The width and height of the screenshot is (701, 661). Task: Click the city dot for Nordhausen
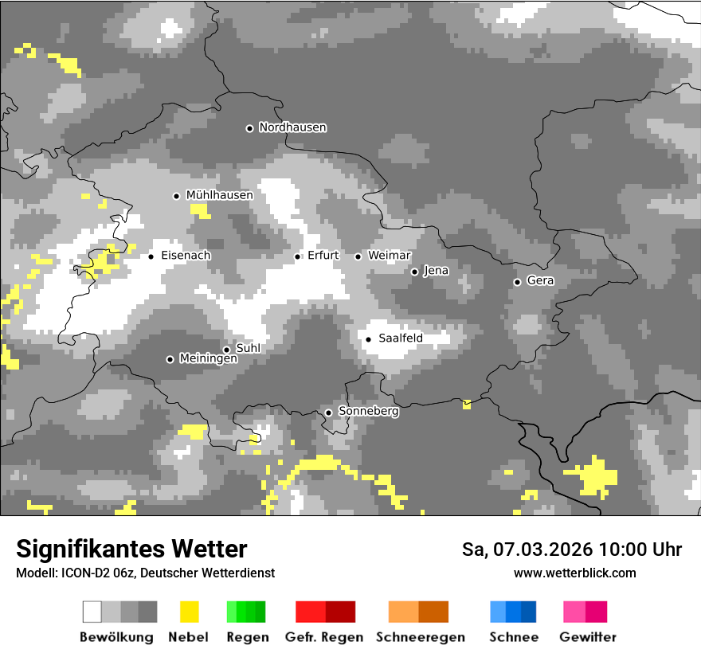point(249,128)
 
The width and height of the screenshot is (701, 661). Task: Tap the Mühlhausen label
point(219,195)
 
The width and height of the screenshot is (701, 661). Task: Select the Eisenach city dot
point(151,256)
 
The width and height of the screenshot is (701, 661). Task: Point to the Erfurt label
point(323,256)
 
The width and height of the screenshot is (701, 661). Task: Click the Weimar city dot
point(358,256)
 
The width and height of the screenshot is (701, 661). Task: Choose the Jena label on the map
point(436,271)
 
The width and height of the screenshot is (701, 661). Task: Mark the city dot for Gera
point(517,282)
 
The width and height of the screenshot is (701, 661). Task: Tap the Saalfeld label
point(400,338)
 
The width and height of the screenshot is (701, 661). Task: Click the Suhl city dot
point(226,350)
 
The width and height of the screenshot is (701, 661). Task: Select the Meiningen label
point(208,359)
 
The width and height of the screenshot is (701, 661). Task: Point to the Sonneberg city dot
point(328,413)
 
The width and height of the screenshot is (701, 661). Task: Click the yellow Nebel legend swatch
point(189,612)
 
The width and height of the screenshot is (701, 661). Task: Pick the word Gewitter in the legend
point(588,637)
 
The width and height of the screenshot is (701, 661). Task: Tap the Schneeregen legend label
point(421,637)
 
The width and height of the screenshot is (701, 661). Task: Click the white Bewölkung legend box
point(92,612)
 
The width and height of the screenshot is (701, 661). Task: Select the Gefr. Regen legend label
point(323,637)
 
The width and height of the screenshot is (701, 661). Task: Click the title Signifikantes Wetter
point(131,549)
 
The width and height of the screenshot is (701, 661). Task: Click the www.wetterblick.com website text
point(574,573)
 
